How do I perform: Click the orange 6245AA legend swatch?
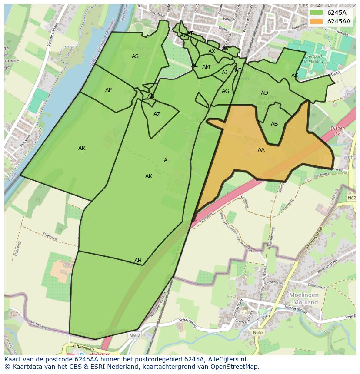pyautogui.click(x=317, y=21)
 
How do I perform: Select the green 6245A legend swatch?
pyautogui.click(x=317, y=13)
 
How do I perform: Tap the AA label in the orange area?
pyautogui.click(x=261, y=150)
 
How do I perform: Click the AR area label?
pyautogui.click(x=82, y=148)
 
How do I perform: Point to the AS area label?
pyautogui.click(x=135, y=56)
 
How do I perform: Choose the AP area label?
pyautogui.click(x=108, y=90)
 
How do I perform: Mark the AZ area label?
pyautogui.click(x=157, y=114)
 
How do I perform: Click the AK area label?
pyautogui.click(x=149, y=176)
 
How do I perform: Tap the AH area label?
pyautogui.click(x=138, y=261)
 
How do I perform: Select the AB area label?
pyautogui.click(x=274, y=124)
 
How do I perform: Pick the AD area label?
pyautogui.click(x=264, y=93)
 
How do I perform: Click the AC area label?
pyautogui.click(x=295, y=76)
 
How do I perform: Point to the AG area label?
pyautogui.click(x=225, y=91)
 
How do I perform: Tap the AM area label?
pyautogui.click(x=206, y=67)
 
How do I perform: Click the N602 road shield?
pyautogui.click(x=134, y=335)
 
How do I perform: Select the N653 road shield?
pyautogui.click(x=258, y=332)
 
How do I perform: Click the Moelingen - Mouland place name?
pyautogui.click(x=303, y=299)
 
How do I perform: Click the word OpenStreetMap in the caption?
pyautogui.click(x=235, y=367)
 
